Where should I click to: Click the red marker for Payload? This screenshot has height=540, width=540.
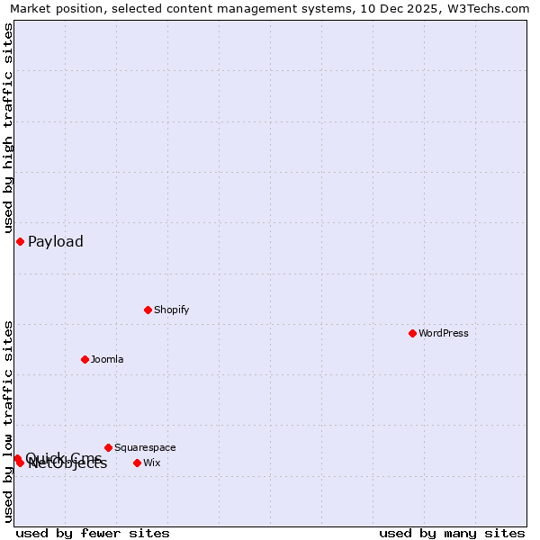(x=20, y=241)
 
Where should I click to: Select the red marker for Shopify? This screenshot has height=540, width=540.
(x=148, y=310)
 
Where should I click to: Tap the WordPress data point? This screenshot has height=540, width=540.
(x=412, y=333)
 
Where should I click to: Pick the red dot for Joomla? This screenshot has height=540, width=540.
(x=85, y=359)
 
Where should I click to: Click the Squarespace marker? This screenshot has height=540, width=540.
(x=108, y=447)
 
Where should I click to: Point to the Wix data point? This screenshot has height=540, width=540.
(x=137, y=463)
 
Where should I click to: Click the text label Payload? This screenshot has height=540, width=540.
(x=56, y=241)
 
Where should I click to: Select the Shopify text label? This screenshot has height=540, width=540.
(x=171, y=310)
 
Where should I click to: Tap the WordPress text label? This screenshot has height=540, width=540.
(x=443, y=333)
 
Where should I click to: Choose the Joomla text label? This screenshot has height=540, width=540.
(x=107, y=359)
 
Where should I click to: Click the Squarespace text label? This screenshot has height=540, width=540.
(x=145, y=447)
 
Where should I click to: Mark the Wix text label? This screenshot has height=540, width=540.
(x=152, y=463)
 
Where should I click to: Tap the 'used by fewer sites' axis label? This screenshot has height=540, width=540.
(x=93, y=533)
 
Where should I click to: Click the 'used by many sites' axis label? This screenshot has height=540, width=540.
(x=452, y=533)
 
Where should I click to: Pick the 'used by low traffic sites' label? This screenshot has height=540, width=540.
(x=8, y=421)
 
